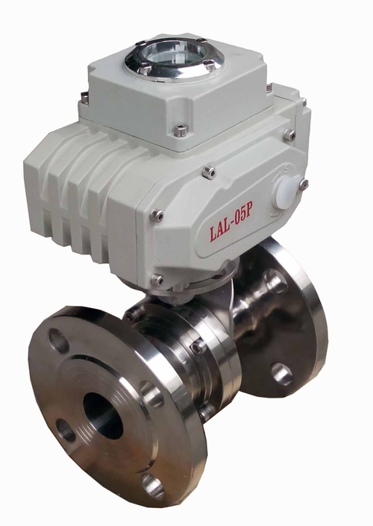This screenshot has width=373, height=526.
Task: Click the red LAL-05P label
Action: pos(231,224)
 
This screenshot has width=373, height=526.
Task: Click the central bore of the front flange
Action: pos(103,416)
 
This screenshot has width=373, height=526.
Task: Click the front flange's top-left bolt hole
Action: pos(59,340)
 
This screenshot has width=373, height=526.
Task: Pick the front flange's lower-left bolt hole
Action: pos(66,430)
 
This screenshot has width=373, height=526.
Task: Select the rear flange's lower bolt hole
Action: pos(282,374)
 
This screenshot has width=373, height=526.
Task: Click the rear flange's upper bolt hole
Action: pos(275,282)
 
